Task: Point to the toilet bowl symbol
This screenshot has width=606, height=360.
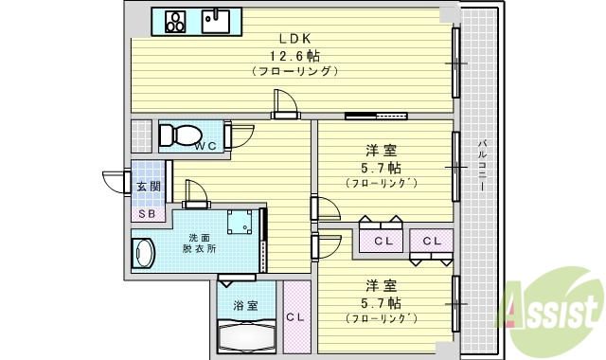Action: (x=177, y=134)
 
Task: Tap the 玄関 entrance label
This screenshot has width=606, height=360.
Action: (x=148, y=188)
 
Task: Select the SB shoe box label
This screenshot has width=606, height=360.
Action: (x=148, y=213)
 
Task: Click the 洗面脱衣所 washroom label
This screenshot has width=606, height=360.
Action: (x=199, y=243)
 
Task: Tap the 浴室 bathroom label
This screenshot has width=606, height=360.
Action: (x=245, y=305)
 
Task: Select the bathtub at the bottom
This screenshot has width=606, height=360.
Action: (x=245, y=336)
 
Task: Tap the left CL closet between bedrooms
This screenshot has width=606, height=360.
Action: (x=383, y=241)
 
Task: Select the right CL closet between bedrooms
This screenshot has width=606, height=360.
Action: (x=432, y=241)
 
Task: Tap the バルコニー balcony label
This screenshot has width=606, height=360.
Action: (x=482, y=166)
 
